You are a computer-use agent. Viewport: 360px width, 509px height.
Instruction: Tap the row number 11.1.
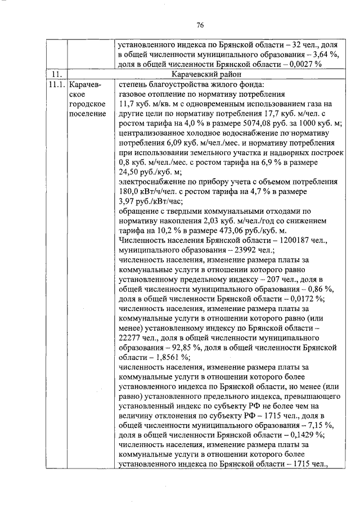point(56,84)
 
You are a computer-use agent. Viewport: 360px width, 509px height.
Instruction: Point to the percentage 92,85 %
point(161,347)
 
